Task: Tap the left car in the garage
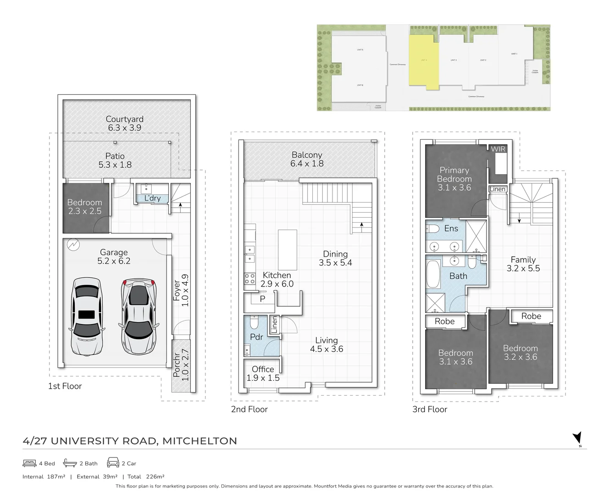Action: [87, 316]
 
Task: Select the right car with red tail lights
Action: [139, 316]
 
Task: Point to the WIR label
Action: [498, 149]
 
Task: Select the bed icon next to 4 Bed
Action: [29, 463]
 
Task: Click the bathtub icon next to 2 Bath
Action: [70, 463]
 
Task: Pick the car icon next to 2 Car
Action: [113, 463]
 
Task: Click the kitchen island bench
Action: [288, 250]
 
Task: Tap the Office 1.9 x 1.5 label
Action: [263, 373]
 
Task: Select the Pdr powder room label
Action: [256, 337]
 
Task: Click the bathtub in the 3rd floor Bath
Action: [433, 274]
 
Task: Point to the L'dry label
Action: [152, 198]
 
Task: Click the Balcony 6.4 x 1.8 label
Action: [307, 159]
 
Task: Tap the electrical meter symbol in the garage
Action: [73, 245]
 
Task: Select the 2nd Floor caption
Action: [249, 409]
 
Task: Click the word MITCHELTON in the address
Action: [199, 441]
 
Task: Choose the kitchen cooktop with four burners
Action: [249, 278]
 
